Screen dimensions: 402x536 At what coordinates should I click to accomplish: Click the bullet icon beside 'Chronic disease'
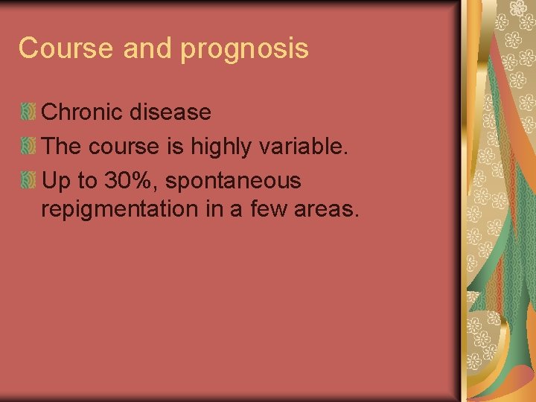coord(28,112)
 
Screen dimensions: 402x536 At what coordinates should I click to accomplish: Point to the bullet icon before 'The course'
coord(28,147)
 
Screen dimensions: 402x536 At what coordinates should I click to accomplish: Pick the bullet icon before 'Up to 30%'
coord(28,180)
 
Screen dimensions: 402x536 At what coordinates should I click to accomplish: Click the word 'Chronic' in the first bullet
coord(83,112)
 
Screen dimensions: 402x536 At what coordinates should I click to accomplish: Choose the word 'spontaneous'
coord(238,181)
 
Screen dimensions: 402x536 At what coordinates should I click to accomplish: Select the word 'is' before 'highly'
coord(174,147)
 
